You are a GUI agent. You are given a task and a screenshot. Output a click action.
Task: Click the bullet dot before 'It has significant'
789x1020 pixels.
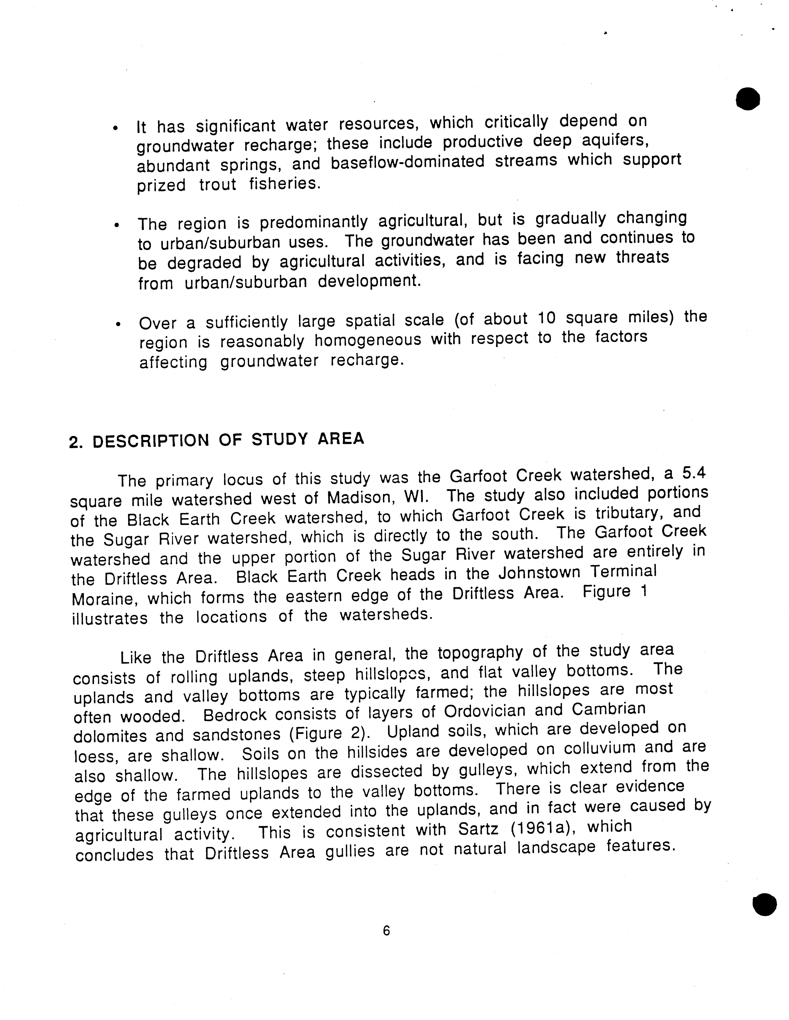click(115, 128)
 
